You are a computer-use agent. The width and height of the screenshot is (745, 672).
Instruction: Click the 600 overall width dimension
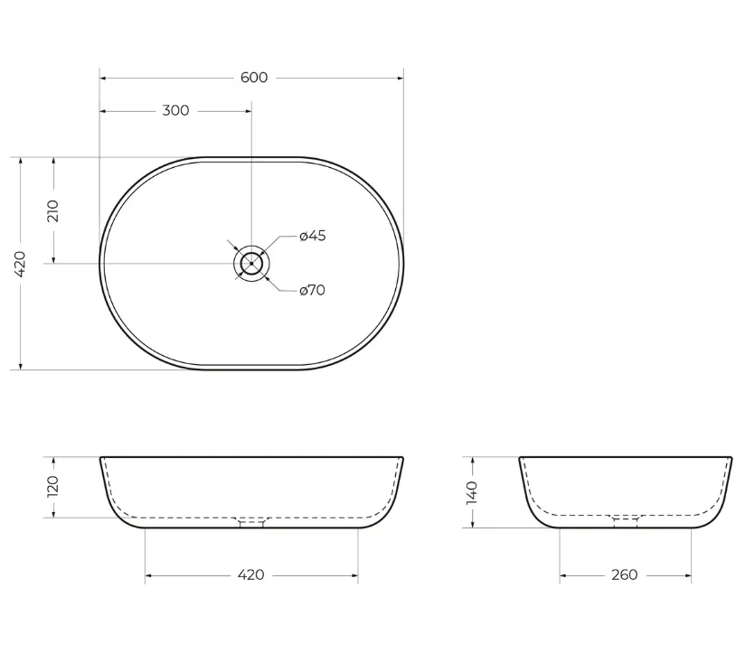tap(254, 78)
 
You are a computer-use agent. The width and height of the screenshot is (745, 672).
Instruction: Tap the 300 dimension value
tap(175, 110)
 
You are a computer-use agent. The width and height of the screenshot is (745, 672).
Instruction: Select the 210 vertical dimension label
tap(52, 211)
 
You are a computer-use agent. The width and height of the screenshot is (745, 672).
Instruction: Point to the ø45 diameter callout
tap(313, 236)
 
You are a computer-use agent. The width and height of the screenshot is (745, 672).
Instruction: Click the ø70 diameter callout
tap(313, 290)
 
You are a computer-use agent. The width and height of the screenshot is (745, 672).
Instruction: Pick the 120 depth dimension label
tap(52, 487)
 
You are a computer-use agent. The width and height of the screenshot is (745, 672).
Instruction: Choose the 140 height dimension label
tap(472, 492)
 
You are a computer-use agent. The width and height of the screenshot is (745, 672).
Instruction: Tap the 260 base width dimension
tap(625, 575)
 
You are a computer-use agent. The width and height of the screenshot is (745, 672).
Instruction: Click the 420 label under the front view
tap(250, 575)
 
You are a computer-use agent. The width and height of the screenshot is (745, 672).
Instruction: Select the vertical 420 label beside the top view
tap(20, 265)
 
